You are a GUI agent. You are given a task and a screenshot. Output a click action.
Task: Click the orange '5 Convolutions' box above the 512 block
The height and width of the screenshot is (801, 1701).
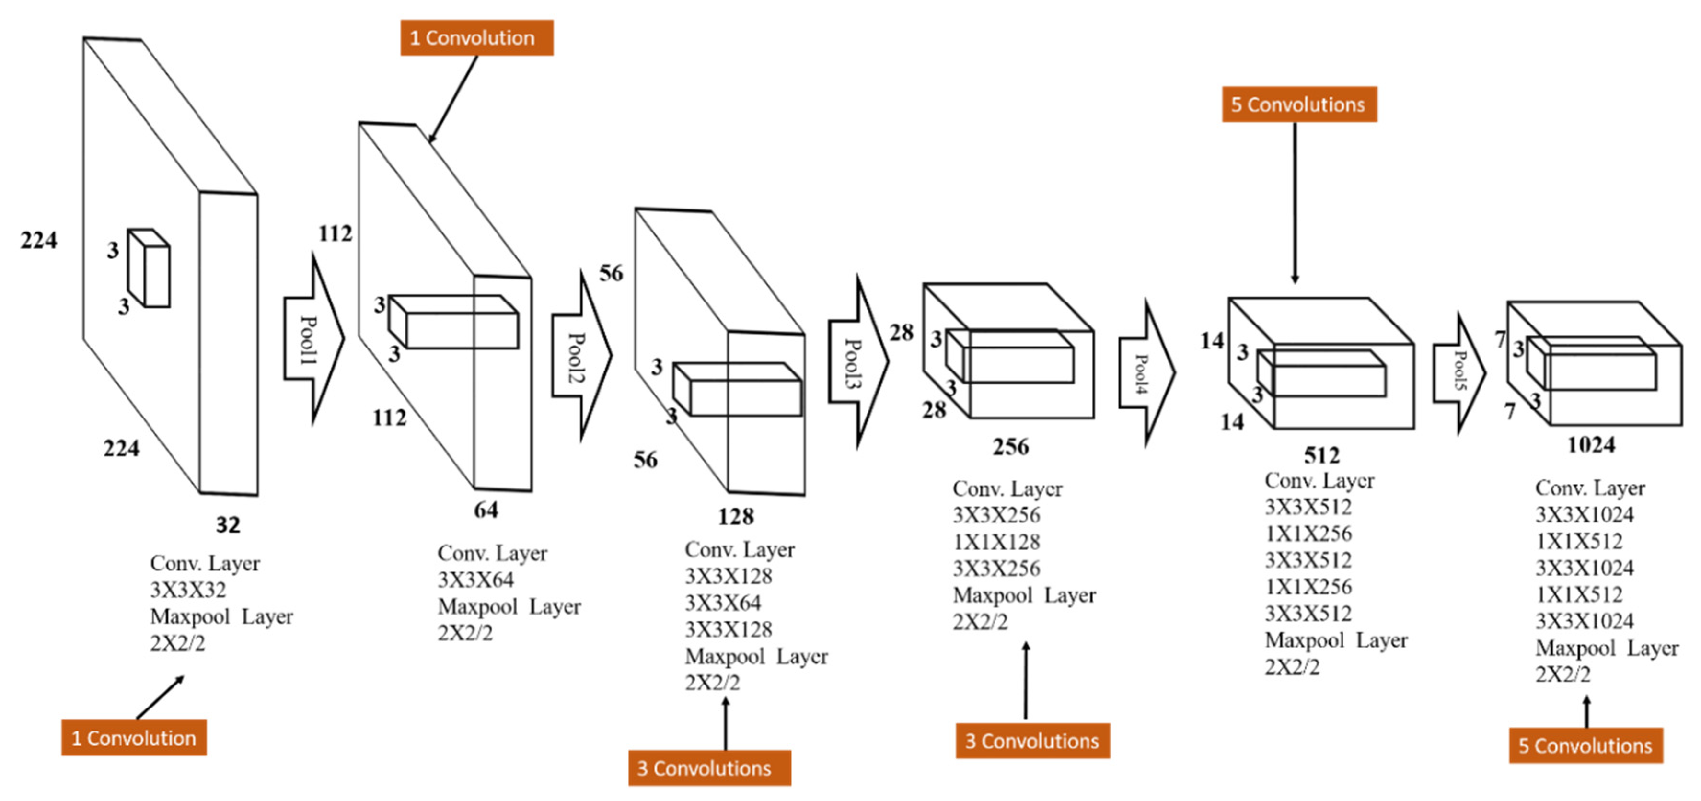(1299, 104)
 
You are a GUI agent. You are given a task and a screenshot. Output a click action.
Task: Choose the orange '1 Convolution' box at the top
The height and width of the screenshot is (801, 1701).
(476, 38)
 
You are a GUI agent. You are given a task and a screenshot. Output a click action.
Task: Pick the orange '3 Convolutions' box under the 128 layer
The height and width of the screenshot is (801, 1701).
(709, 768)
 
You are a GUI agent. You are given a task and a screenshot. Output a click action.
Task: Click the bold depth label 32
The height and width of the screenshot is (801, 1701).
(228, 525)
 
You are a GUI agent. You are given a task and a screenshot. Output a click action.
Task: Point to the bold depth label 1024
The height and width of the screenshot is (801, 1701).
(1591, 445)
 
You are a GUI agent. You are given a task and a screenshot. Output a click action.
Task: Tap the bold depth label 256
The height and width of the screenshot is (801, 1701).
(1010, 447)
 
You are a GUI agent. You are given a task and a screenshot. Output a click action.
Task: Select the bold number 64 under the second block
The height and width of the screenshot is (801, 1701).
(486, 510)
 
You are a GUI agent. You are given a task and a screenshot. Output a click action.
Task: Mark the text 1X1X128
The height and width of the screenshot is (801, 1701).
(996, 542)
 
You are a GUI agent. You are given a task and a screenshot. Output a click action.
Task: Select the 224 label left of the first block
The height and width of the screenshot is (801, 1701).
(38, 240)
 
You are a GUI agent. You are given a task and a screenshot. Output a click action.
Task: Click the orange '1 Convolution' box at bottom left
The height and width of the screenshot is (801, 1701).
(134, 738)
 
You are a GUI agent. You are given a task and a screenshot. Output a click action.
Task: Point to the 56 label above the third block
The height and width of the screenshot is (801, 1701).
(611, 273)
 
